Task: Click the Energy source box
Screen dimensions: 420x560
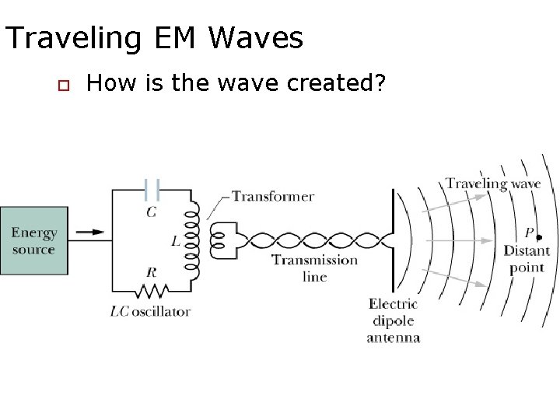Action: pos(33,240)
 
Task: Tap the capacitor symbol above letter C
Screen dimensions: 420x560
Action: pos(152,189)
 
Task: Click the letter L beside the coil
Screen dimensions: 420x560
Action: pos(176,242)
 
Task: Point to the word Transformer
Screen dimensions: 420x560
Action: pos(273,196)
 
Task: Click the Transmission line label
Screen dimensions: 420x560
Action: pos(314,268)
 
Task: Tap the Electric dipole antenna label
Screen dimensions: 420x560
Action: pos(394,320)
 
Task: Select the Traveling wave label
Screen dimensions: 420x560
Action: pos(493,184)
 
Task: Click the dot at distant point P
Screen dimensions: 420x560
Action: pos(540,236)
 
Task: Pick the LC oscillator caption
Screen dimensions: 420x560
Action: pos(150,312)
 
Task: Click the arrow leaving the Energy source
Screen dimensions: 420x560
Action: pos(92,231)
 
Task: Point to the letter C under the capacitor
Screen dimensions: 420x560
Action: pos(151,211)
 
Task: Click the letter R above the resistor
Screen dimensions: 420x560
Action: pos(151,272)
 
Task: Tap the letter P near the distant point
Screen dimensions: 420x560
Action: pos(529,233)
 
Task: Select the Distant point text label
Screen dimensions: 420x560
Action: pos(527,259)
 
